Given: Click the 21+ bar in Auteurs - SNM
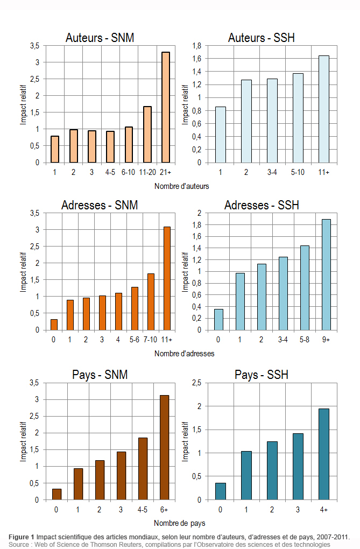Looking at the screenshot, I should pyautogui.click(x=166, y=107).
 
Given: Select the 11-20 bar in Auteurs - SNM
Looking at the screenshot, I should pyautogui.click(x=147, y=135).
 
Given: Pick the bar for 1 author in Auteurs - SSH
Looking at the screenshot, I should pyautogui.click(x=221, y=135).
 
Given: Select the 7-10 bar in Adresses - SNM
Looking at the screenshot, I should pyautogui.click(x=151, y=302).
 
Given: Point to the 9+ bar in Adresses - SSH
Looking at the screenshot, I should pyautogui.click(x=326, y=274).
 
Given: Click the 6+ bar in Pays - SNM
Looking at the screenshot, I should pyautogui.click(x=164, y=447).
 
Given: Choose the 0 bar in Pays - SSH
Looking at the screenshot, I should pyautogui.click(x=221, y=491).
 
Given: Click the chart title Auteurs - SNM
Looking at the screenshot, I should pyautogui.click(x=100, y=38).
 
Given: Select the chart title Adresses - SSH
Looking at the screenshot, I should pyautogui.click(x=262, y=206).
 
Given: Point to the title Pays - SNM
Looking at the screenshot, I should pyautogui.click(x=100, y=375).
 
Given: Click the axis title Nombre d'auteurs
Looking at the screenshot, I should pyautogui.click(x=181, y=186).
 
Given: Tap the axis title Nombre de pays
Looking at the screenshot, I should pyautogui.click(x=179, y=523).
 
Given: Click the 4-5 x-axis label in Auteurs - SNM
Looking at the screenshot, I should pyautogui.click(x=110, y=172).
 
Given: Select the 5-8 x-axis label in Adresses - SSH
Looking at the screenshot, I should pyautogui.click(x=305, y=340).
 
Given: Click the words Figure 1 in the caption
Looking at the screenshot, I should pyautogui.click(x=21, y=537).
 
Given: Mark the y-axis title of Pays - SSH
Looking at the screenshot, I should pyautogui.click(x=186, y=441).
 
